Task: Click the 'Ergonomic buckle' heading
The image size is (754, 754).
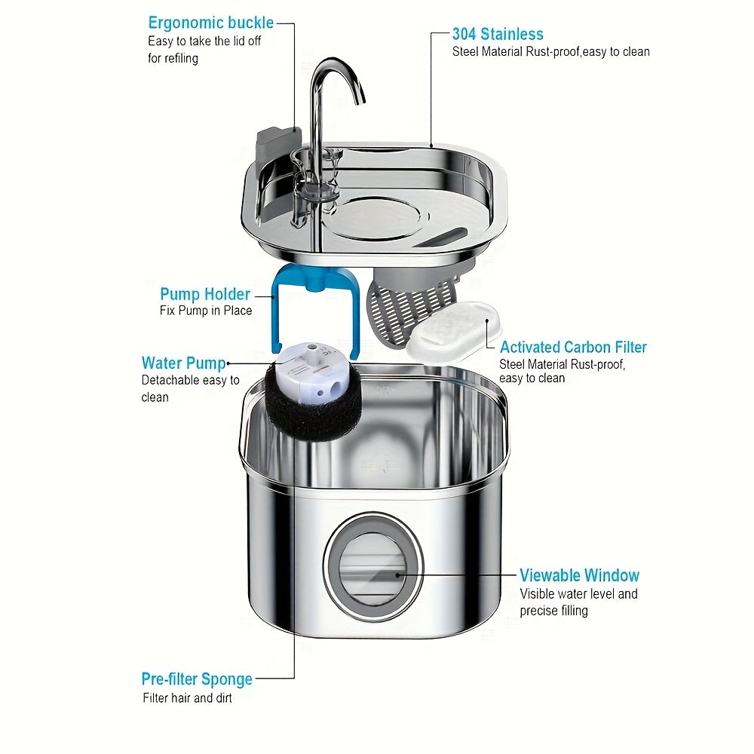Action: (210, 23)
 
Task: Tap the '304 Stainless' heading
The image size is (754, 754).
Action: (498, 34)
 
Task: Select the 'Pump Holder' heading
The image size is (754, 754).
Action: (204, 294)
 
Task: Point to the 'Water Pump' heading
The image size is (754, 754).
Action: (183, 363)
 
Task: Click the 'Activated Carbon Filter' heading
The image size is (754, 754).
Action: (573, 347)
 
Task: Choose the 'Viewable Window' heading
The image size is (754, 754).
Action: (579, 575)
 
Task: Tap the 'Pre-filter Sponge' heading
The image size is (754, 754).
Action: (197, 679)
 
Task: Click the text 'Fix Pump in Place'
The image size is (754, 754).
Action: (206, 311)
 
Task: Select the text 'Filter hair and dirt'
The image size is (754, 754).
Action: (188, 697)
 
